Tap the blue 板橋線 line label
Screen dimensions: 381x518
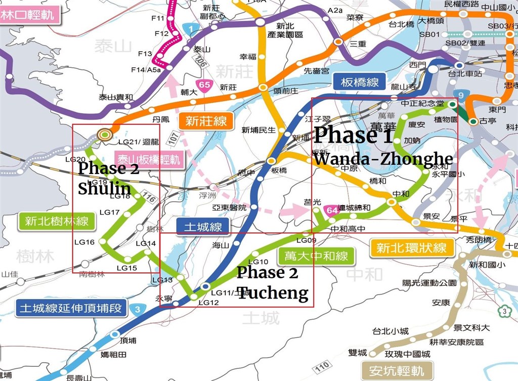point(360,82)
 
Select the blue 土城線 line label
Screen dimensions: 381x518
point(202,227)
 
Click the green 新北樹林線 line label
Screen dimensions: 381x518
point(56,221)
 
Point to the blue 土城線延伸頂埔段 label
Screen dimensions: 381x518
point(70,308)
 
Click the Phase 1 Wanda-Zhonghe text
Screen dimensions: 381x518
point(382,146)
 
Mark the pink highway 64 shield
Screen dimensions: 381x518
point(332,210)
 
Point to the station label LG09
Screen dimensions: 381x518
point(306,240)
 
